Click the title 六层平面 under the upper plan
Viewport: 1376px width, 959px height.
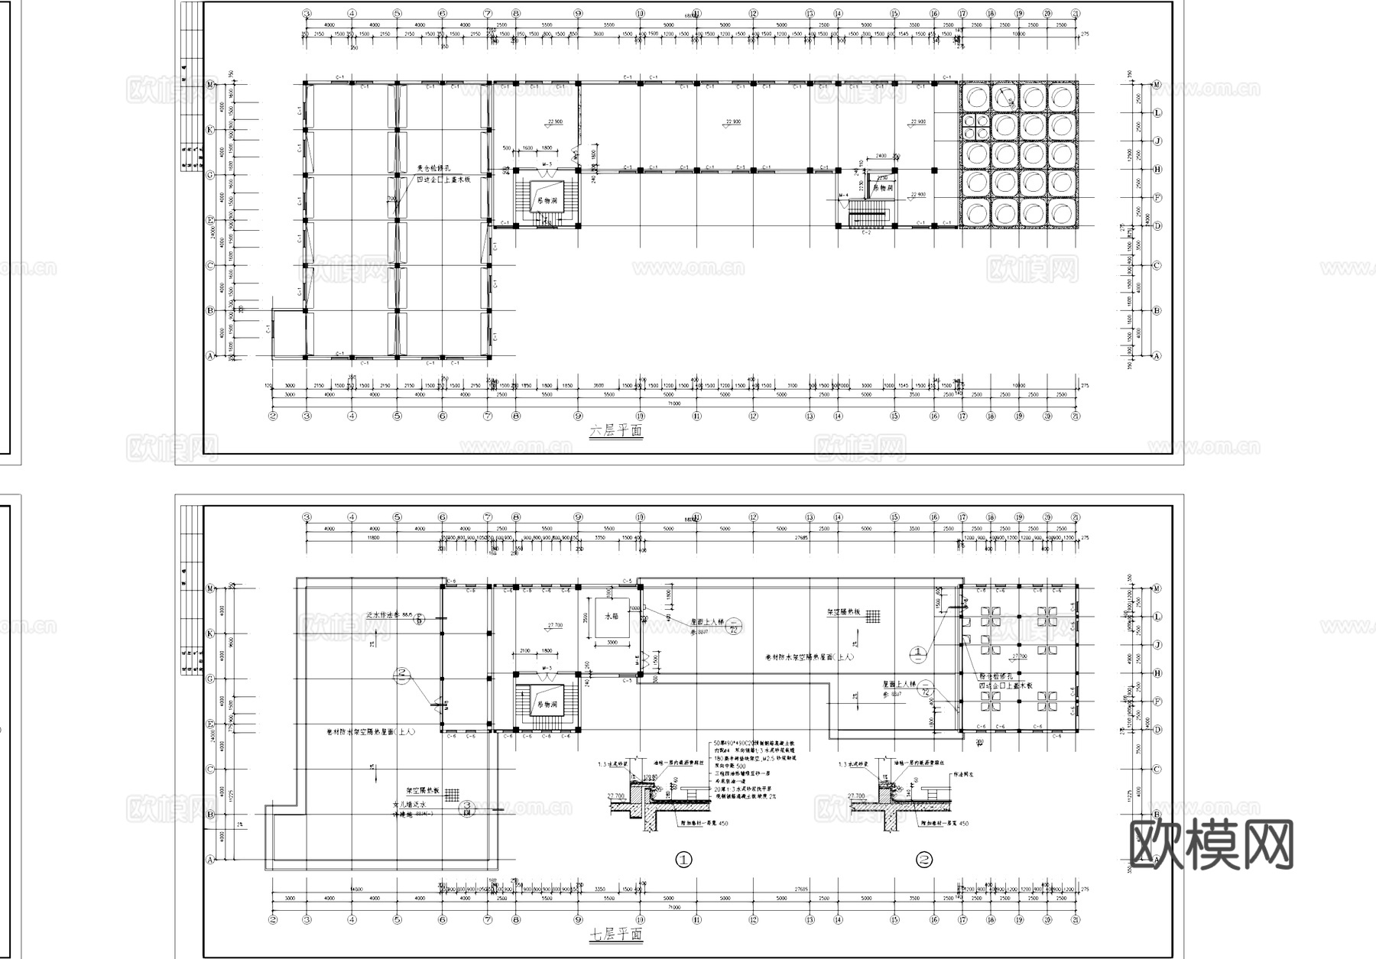click(x=615, y=432)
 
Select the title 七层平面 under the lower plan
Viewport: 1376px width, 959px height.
click(x=615, y=935)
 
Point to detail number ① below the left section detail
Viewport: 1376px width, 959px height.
click(x=683, y=860)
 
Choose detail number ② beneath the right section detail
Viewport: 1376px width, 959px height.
click(x=924, y=860)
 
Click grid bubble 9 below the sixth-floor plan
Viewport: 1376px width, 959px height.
click(x=578, y=416)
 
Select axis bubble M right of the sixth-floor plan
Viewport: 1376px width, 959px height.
click(x=1157, y=84)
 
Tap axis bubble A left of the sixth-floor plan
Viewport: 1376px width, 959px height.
click(x=209, y=356)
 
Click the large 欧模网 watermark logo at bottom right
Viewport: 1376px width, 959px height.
click(x=1211, y=844)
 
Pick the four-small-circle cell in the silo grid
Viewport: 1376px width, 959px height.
click(x=975, y=126)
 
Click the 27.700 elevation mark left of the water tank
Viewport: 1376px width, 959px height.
click(x=555, y=625)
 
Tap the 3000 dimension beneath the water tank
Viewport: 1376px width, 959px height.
click(x=612, y=643)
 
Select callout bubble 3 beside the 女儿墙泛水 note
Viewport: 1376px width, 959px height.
click(x=466, y=807)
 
